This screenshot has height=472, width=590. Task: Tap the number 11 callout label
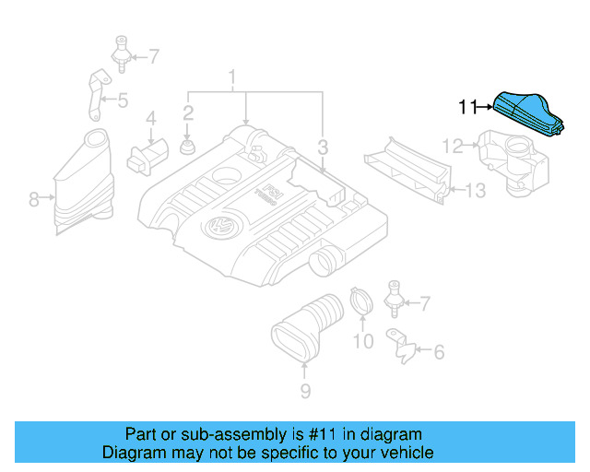point(469,108)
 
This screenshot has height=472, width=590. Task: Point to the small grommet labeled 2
point(188,147)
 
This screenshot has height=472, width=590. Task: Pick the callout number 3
point(323,147)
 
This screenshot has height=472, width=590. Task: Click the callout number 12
point(452,146)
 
